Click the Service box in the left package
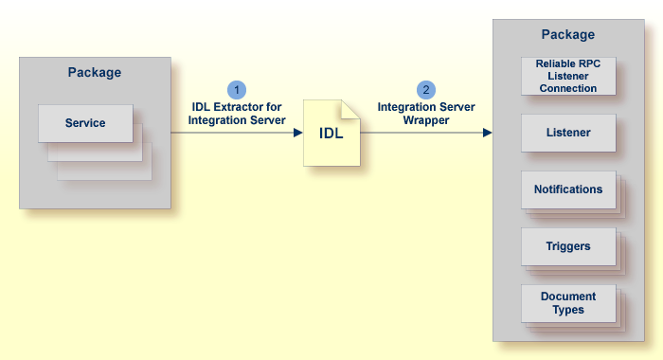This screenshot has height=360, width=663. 85,123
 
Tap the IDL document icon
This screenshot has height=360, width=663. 331,133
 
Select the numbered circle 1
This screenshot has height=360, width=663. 237,90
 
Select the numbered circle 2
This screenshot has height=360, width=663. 426,90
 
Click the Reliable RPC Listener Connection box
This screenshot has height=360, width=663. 568,76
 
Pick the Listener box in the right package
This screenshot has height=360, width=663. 568,133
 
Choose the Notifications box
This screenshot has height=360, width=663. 568,189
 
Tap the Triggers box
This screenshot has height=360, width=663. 568,246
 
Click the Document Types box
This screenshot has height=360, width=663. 568,303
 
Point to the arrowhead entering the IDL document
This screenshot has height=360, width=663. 298,133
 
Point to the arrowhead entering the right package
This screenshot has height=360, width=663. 488,133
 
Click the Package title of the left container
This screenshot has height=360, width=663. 95,72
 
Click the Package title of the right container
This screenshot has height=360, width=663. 568,35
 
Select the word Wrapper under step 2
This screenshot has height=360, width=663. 426,120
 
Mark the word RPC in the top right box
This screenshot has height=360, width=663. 589,63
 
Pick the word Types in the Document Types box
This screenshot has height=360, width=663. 568,310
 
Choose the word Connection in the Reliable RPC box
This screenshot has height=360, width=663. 568,88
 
